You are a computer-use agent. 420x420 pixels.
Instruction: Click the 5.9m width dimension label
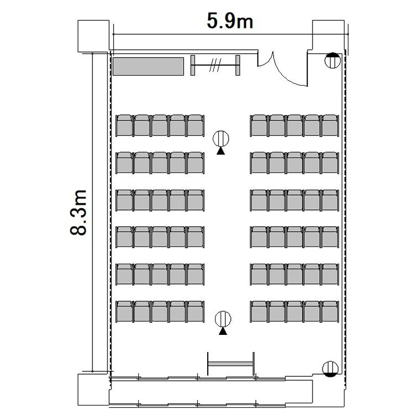pos(230,21)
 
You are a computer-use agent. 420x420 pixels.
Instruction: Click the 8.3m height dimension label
pos(78,212)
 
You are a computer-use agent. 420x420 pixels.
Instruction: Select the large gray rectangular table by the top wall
pos(148,66)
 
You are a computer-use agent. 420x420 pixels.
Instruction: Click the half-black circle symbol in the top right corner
pos(333,60)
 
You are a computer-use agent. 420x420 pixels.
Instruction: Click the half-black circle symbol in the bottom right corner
pos(330,369)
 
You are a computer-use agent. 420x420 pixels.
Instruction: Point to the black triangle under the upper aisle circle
pos(221,151)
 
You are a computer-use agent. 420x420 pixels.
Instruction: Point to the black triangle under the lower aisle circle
pos(223,332)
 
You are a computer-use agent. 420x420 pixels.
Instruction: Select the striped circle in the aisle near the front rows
pos(221,139)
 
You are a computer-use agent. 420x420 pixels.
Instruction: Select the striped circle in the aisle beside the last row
pos(223,319)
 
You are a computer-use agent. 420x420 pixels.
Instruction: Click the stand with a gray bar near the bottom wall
pos(231,364)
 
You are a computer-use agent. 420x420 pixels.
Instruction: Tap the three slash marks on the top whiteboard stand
pos(216,65)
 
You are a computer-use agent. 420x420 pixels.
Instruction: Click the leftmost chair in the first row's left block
pos(124,125)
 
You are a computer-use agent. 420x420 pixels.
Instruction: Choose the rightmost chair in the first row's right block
pos(330,125)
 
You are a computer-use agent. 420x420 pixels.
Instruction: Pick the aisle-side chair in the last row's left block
pos(195,311)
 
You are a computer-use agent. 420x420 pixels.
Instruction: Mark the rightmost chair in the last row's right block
pos(330,311)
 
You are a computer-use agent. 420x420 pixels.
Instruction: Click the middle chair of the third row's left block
pos(160,200)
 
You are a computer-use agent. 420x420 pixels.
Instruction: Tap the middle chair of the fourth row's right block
pos(295,237)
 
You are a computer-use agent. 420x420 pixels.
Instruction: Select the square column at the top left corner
pos(94,36)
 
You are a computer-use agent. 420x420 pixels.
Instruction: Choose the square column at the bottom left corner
pos(94,390)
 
